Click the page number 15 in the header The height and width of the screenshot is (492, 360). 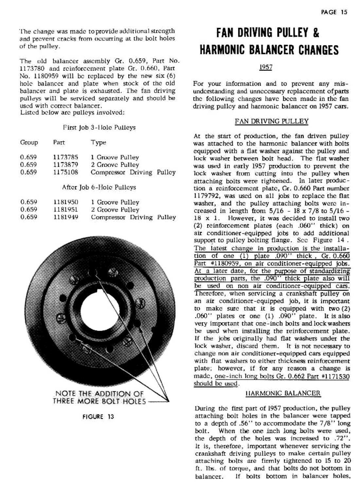click(343, 12)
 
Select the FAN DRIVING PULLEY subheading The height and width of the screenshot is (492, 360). click(271, 121)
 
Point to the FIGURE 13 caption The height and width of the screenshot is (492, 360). click(98, 417)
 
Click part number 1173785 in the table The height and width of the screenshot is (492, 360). click(65, 157)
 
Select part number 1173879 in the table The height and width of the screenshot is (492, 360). click(65, 165)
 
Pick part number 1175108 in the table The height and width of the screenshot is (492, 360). click(65, 172)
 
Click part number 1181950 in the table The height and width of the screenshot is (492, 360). click(65, 202)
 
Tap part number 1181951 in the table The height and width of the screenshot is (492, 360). click(65, 210)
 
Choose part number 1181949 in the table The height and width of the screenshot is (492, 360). click(65, 217)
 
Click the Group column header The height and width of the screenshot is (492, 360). click(29, 143)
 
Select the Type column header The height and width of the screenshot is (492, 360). click(98, 143)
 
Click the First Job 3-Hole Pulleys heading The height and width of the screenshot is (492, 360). click(99, 128)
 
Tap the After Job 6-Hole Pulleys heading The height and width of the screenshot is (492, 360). click(99, 187)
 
